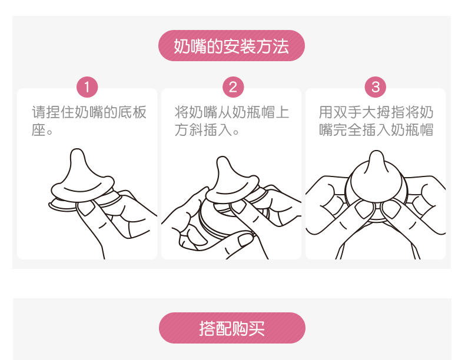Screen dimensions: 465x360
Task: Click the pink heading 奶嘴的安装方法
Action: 231,46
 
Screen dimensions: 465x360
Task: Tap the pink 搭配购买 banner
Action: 232,328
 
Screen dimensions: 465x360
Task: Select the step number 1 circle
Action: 87,87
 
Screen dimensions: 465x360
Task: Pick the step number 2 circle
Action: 233,87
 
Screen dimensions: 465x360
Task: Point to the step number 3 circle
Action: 376,87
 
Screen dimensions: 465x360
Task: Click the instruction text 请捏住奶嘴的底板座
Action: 89,121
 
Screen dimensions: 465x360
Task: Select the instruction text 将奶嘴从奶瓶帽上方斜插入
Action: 231,121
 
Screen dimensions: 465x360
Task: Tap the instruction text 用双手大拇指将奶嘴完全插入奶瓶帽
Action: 376,121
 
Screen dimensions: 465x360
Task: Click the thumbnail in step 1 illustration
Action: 85,209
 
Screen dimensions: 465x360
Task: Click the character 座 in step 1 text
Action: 38,130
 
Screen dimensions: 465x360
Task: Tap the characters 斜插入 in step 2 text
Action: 211,130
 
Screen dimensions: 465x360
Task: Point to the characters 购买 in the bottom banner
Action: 248,328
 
